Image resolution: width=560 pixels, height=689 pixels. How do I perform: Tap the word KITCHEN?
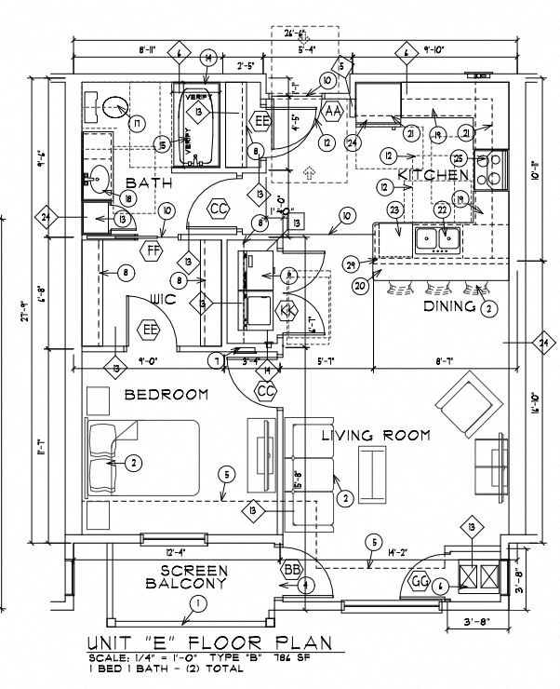(x=433, y=175)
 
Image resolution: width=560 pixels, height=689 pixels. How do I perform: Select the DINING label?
(x=449, y=306)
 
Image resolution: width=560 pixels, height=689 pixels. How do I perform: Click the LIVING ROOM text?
(x=375, y=435)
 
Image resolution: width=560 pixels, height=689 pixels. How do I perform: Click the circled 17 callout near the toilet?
(x=137, y=123)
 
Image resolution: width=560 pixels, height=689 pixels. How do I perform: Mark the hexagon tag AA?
(x=332, y=112)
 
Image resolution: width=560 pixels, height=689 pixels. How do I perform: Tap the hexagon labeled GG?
(x=419, y=582)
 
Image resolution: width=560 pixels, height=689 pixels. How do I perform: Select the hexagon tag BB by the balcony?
(x=292, y=568)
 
